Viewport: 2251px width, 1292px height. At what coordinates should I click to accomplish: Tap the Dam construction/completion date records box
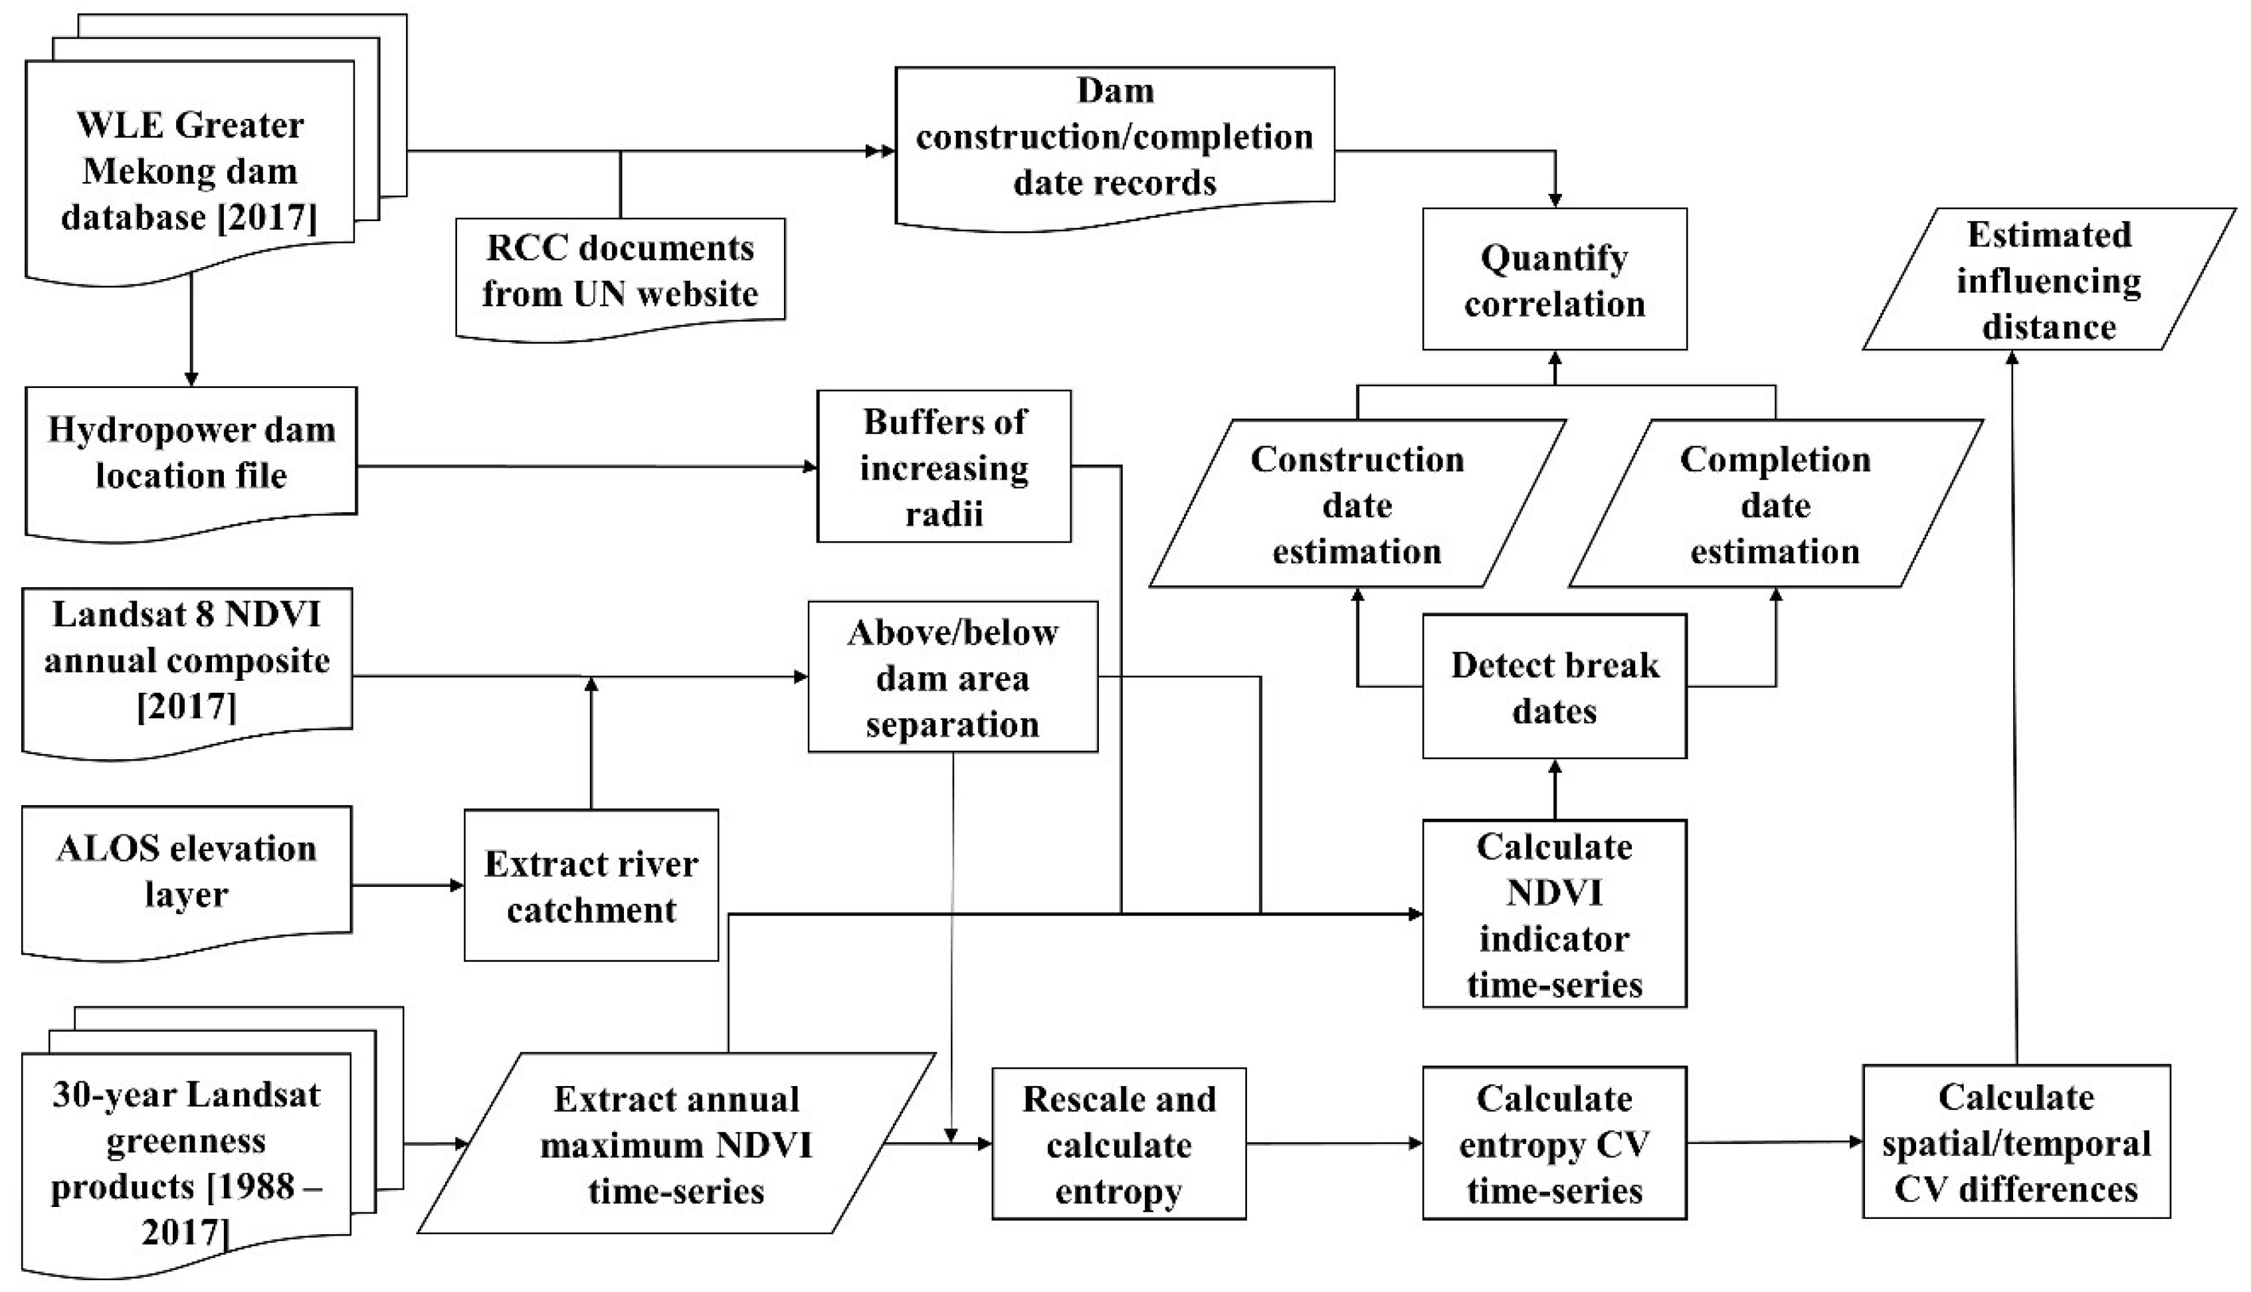pos(1114,138)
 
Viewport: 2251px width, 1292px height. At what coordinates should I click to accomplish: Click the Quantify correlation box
pos(1555,280)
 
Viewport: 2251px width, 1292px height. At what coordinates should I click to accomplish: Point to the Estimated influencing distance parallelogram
pos(2048,280)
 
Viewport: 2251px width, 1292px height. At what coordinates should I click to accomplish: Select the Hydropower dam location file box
pos(191,452)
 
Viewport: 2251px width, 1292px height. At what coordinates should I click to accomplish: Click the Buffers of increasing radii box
pos(944,467)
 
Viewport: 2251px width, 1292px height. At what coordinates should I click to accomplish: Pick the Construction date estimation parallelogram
pos(1357,504)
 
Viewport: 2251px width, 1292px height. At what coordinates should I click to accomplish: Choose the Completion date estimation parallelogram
pos(1775,504)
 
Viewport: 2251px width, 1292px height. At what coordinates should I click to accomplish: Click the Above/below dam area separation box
pos(952,677)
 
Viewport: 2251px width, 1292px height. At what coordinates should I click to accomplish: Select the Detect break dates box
pos(1555,687)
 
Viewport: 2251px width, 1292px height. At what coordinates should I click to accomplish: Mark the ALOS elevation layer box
pos(186,872)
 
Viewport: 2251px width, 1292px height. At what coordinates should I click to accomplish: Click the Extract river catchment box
pos(591,885)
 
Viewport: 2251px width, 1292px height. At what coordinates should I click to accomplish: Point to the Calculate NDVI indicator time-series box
pos(1555,914)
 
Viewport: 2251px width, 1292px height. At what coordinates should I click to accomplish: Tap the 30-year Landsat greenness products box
pos(186,1154)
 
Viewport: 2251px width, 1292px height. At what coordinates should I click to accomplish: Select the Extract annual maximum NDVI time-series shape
pos(676,1144)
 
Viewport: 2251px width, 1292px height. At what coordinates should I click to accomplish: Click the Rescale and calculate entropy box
pos(1119,1144)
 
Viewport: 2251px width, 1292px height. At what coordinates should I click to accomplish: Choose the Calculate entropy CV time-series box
pos(1555,1144)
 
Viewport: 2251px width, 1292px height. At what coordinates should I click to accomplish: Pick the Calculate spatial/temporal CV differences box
pos(2016,1142)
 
